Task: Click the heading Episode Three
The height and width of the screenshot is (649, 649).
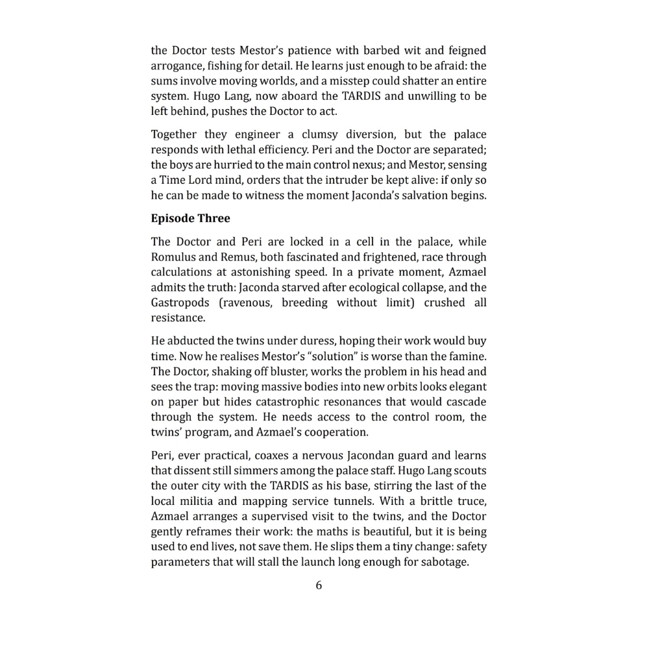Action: pos(190,218)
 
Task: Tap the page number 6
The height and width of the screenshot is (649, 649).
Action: pos(319,585)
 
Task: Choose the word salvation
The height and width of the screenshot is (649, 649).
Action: pos(422,195)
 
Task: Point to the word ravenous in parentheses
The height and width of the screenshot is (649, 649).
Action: pos(246,303)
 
